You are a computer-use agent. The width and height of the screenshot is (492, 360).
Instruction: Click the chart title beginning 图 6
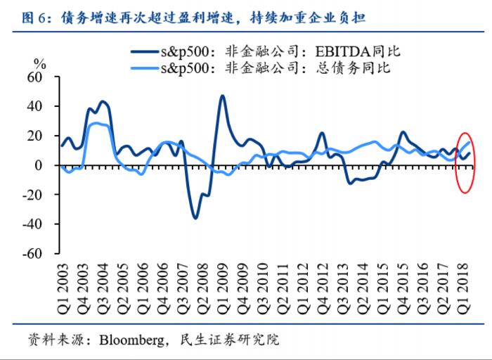point(190,15)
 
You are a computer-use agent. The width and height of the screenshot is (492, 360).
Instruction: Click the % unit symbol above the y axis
point(40,62)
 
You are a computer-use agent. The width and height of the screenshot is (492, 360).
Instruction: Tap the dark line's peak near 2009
point(222,96)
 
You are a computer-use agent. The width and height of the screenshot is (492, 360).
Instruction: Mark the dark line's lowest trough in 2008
point(195,218)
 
